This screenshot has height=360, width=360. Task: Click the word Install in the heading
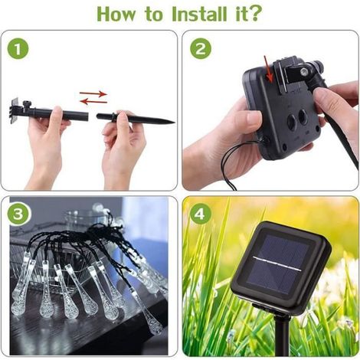[199, 14]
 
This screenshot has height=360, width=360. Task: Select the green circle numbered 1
[18, 48]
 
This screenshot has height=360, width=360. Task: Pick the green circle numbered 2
[201, 48]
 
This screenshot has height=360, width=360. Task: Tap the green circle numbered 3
[18, 214]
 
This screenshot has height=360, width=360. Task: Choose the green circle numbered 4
[201, 214]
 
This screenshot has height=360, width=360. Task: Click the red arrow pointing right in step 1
[93, 93]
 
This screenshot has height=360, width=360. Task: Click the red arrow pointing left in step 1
[93, 102]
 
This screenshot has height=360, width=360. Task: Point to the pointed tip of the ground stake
[175, 123]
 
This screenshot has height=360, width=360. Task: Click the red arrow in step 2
[268, 69]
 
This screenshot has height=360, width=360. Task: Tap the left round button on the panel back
[292, 122]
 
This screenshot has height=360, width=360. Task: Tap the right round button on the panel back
[303, 118]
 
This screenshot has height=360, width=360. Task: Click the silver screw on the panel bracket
[303, 72]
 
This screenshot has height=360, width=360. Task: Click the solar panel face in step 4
[279, 264]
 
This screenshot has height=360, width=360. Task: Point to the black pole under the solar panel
[282, 337]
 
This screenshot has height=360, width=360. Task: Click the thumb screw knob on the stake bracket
[26, 103]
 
